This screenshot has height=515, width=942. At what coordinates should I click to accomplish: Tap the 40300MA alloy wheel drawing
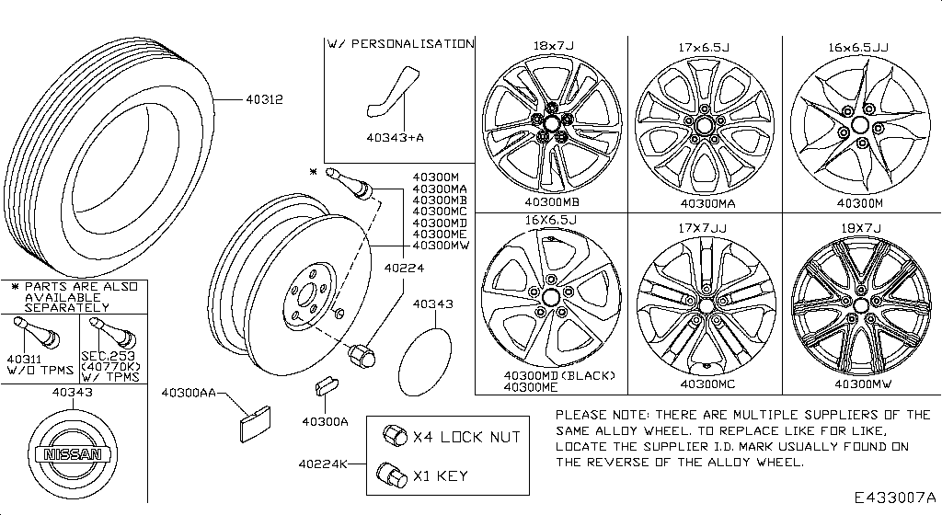pyautogui.click(x=705, y=125)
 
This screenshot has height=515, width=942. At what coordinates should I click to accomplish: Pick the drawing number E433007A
pyautogui.click(x=892, y=498)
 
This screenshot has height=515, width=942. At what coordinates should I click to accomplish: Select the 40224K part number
pyautogui.click(x=322, y=463)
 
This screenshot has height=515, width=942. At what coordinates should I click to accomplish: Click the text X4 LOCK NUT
pyautogui.click(x=466, y=437)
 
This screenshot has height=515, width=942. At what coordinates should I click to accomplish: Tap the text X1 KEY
pyautogui.click(x=440, y=476)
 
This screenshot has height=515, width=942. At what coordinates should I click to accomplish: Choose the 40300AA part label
pyautogui.click(x=189, y=393)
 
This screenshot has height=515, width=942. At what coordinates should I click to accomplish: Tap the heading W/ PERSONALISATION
pyautogui.click(x=401, y=43)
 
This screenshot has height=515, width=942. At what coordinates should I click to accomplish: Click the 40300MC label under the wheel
pyautogui.click(x=706, y=383)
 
